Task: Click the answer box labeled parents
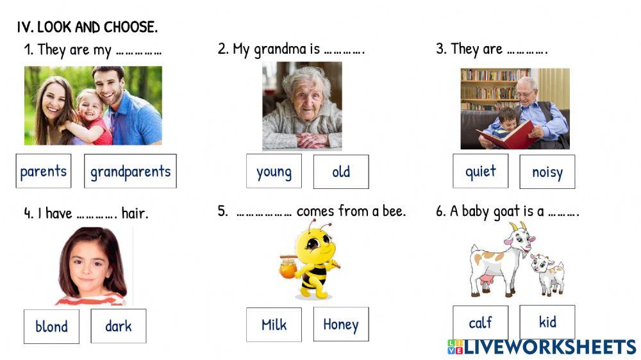click(x=44, y=171)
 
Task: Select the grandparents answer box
click(x=130, y=171)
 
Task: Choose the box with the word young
click(x=274, y=171)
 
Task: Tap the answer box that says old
click(x=341, y=172)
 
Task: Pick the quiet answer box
click(x=481, y=171)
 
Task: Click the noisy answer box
click(x=547, y=172)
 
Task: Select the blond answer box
click(x=51, y=326)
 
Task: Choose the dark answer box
click(x=119, y=326)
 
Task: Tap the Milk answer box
click(x=274, y=325)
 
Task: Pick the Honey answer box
click(x=341, y=324)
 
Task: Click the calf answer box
click(x=480, y=323)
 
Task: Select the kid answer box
click(x=547, y=322)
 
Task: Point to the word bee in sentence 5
click(x=394, y=211)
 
